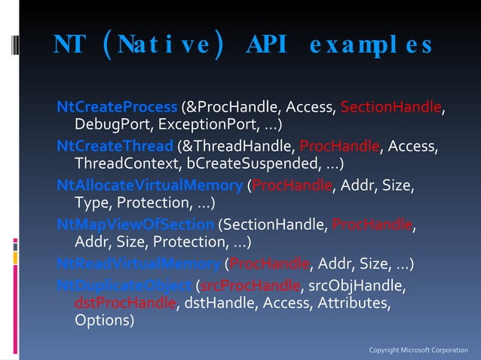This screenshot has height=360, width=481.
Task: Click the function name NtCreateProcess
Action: [118, 108]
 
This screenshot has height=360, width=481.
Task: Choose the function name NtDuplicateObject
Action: [125, 285]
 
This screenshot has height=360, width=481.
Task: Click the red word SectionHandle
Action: [391, 108]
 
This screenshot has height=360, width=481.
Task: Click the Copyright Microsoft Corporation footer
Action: [418, 350]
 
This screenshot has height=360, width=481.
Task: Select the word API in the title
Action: [266, 45]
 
